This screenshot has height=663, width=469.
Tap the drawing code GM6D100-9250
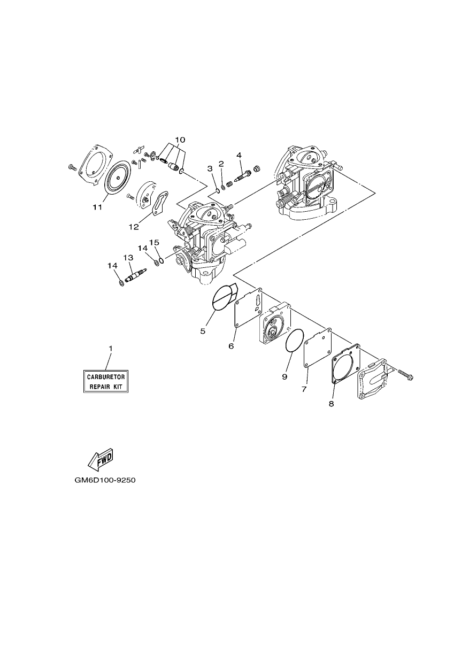(105, 480)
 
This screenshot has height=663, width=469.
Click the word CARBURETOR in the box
(106, 377)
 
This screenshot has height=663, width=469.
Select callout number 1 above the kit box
(110, 349)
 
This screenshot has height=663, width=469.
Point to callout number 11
(97, 207)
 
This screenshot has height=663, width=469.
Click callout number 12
(134, 227)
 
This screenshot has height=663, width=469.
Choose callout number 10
(180, 140)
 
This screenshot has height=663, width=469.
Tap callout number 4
(239, 155)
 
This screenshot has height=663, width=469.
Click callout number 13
(128, 258)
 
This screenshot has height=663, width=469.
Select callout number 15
(154, 242)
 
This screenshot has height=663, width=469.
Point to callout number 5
(203, 331)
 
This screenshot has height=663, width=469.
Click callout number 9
(285, 377)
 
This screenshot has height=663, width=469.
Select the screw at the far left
(73, 168)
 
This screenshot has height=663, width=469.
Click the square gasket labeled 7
(318, 347)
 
